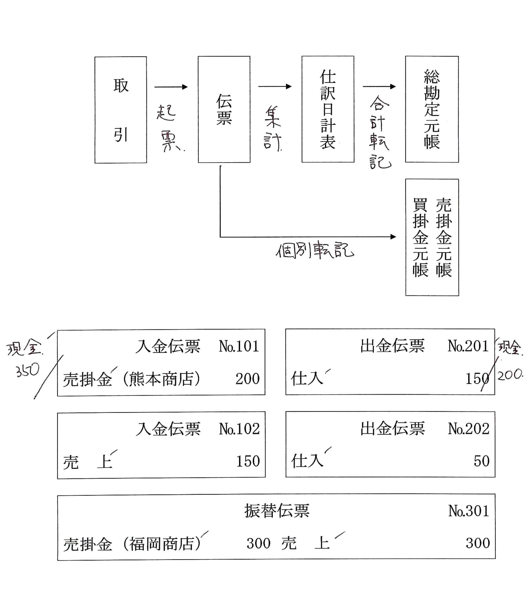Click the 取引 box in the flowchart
(121, 110)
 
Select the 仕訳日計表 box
(328, 109)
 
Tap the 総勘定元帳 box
(432, 109)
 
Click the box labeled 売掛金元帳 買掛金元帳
(432, 237)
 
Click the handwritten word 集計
(273, 129)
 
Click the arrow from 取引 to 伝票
(171, 87)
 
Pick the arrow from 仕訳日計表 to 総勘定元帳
(379, 87)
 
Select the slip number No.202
(468, 429)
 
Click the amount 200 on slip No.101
(247, 379)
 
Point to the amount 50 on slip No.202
(481, 461)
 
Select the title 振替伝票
(277, 511)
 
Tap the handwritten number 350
(28, 370)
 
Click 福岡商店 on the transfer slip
(161, 544)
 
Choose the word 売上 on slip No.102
(88, 462)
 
